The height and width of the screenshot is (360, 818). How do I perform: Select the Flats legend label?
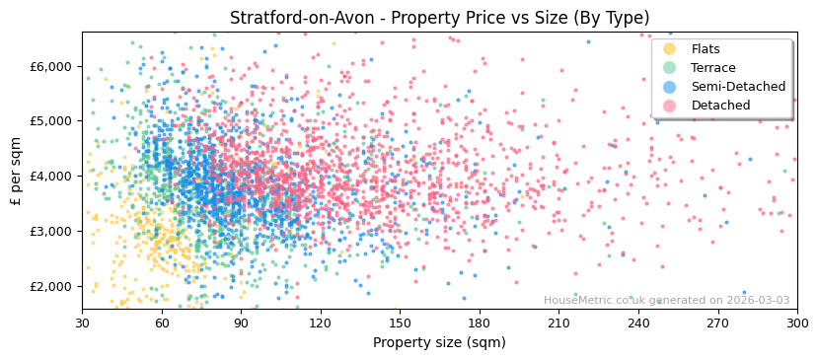pos(706,49)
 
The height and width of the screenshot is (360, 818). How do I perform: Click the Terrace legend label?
pos(713,68)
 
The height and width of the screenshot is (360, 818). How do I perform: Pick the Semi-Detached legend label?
pos(738,87)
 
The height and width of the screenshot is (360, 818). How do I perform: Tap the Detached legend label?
pos(720,106)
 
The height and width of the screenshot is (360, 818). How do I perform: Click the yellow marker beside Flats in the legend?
pos(670,49)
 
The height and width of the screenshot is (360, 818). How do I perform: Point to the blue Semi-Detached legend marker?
pos(670,87)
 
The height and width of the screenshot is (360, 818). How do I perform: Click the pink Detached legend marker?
pos(670,106)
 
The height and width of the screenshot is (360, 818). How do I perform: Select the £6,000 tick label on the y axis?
pos(50,66)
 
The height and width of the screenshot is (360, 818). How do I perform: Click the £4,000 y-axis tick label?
pos(50,177)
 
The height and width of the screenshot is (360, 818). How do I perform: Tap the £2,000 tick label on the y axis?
pos(50,287)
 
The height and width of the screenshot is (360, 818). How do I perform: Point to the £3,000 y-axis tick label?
pos(50,232)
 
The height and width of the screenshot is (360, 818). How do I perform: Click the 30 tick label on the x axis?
pos(82,324)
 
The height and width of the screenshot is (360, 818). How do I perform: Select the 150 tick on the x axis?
pos(400,324)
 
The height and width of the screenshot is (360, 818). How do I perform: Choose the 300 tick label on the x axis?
pos(797,324)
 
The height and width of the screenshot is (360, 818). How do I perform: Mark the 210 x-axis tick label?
pos(558,324)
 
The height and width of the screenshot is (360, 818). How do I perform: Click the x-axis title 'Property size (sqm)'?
pos(439,342)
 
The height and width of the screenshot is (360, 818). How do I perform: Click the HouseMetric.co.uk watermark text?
pos(666,301)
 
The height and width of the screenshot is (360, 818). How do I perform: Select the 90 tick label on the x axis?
pos(241,324)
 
